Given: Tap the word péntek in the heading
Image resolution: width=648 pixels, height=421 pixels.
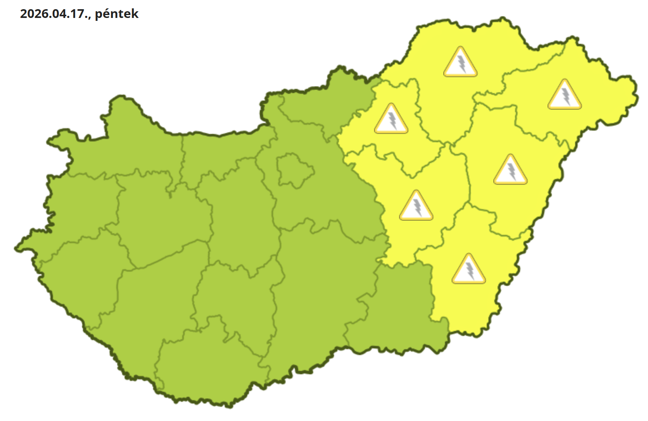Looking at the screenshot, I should tap(117, 14).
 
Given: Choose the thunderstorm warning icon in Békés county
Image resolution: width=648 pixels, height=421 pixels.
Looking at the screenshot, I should tap(469, 269).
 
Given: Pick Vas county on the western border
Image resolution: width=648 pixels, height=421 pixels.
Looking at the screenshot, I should tap(79, 209).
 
